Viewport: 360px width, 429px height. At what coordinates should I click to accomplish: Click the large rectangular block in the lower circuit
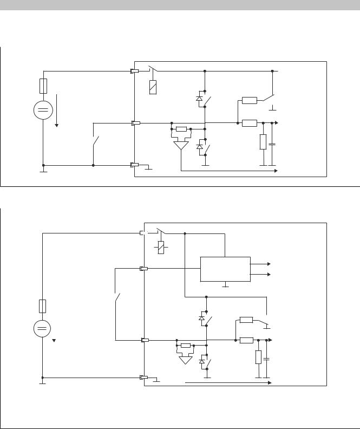[x=225, y=269]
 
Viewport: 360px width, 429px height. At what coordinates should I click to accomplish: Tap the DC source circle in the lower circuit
[x=43, y=329]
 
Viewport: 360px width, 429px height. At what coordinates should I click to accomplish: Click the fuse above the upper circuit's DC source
[x=43, y=86]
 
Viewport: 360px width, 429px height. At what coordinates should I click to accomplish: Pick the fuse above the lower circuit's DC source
[x=43, y=305]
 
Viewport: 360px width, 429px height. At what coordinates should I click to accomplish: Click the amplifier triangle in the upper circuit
[x=181, y=145]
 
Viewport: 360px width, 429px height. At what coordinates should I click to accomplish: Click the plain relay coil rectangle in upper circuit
[x=153, y=87]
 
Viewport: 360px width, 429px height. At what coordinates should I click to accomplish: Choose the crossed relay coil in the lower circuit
[x=161, y=248]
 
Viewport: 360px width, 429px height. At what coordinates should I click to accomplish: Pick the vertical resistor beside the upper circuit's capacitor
[x=263, y=142]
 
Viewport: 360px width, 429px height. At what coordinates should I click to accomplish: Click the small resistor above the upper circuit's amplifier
[x=181, y=129]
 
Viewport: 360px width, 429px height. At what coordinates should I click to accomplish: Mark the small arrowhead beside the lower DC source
[x=54, y=342]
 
